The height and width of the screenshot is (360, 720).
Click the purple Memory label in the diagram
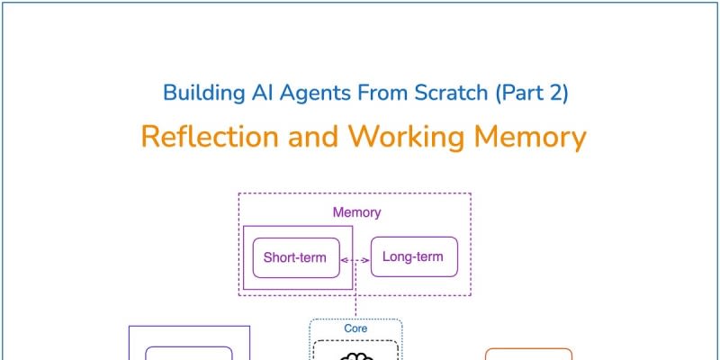click(x=356, y=213)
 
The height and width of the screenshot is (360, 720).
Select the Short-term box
click(x=295, y=257)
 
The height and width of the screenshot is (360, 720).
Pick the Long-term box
click(x=413, y=257)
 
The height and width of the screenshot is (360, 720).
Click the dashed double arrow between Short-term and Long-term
click(x=355, y=260)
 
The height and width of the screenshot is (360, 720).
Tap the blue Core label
click(x=355, y=328)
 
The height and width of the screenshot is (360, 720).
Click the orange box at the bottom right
click(x=528, y=355)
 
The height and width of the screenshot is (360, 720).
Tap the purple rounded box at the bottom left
click(x=189, y=355)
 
